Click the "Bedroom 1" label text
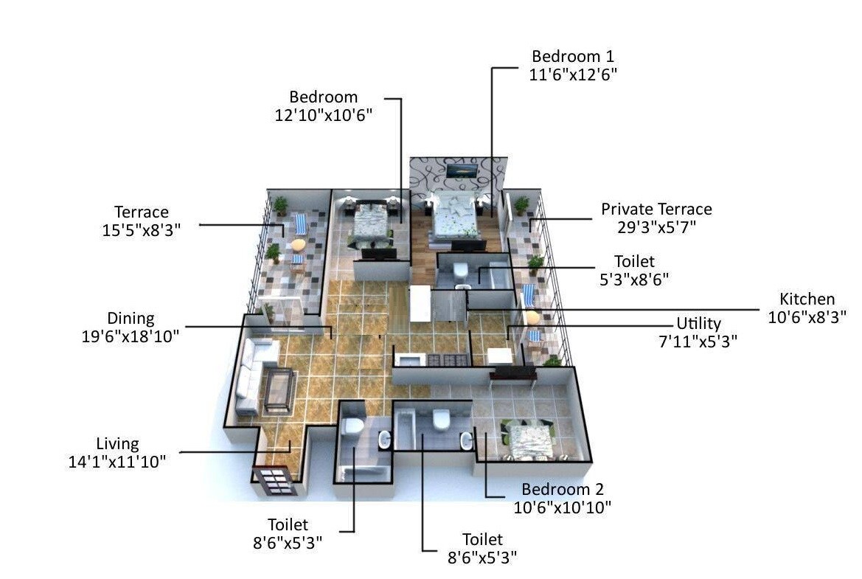[x=573, y=57]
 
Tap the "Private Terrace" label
[x=656, y=209]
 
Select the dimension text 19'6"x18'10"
[x=131, y=336]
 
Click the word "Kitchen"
[x=807, y=299]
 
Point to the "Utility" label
[x=698, y=324]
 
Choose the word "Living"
[x=117, y=444]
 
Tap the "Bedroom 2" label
[x=563, y=490]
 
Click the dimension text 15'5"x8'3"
[x=141, y=230]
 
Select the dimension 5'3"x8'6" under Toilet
[x=634, y=279]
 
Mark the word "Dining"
[x=131, y=319]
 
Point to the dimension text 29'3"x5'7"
[x=656, y=226]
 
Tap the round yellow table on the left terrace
[x=298, y=244]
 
